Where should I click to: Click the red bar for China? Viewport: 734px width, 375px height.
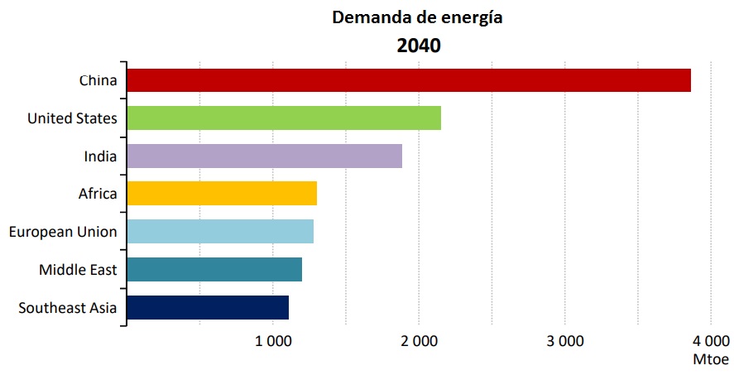409,80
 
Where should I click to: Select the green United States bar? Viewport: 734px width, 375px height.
284,118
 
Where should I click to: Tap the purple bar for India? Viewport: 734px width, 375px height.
265,156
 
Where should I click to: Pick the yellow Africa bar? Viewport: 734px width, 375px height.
222,194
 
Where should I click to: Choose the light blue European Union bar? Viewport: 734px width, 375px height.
220,231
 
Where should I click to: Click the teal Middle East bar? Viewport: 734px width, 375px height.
214,269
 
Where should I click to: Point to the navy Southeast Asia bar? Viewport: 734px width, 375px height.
208,307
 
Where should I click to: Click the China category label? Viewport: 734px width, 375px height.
98,80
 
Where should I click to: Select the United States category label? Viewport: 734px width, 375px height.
72,118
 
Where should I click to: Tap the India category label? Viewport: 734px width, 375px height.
100,156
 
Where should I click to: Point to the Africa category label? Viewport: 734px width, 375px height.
98,194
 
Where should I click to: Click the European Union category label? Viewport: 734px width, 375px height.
63,232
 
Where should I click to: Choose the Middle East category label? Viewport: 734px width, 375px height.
78,270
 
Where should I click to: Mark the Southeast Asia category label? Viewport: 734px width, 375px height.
67,308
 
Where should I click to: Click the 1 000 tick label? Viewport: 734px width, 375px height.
273,341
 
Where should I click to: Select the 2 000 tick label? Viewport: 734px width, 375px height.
419,341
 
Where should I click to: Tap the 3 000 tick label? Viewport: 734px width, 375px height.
565,341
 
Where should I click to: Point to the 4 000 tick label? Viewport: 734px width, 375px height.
711,341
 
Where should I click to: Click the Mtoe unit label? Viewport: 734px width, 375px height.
711,359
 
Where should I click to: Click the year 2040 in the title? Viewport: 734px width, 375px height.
419,46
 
